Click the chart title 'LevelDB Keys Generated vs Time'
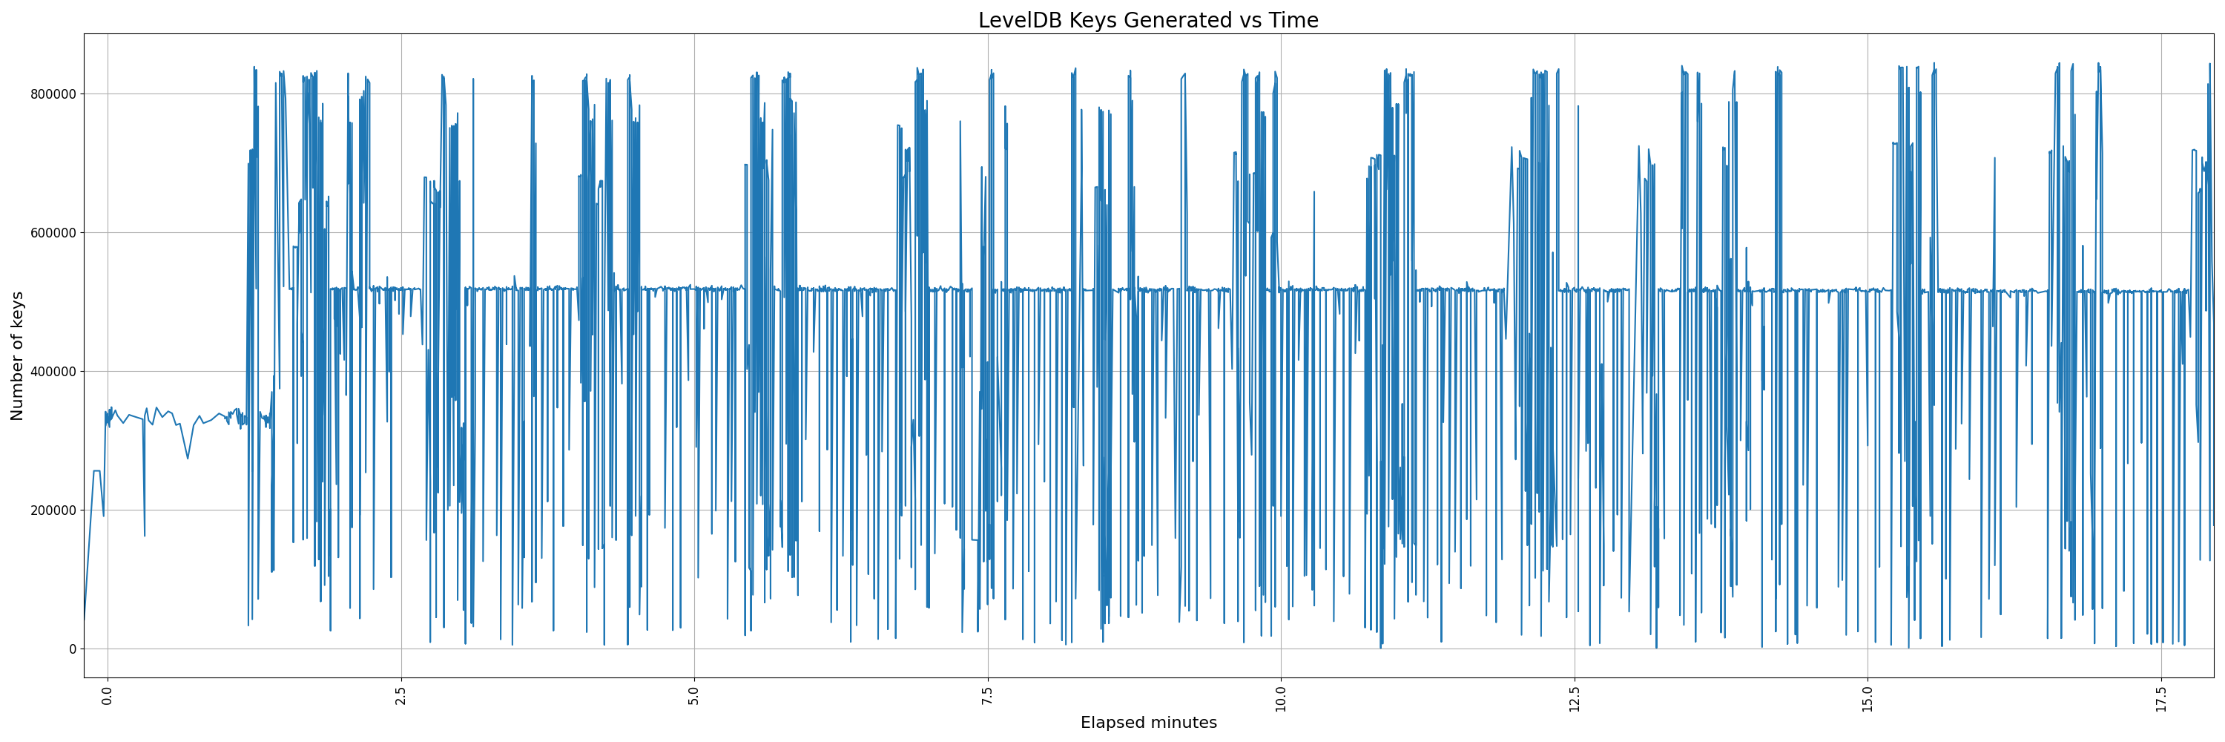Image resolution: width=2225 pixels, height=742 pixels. tap(1148, 20)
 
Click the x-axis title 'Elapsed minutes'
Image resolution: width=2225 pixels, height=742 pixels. tap(1148, 723)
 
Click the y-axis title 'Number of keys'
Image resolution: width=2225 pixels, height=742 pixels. tap(17, 356)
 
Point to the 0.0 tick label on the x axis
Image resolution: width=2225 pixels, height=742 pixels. tap(107, 695)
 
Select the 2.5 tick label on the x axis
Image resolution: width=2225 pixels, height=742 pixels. tap(400, 695)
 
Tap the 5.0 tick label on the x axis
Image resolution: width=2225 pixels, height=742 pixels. tap(694, 695)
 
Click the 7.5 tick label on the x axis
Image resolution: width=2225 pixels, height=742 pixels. tap(987, 695)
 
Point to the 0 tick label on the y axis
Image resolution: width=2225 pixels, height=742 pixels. tap(73, 649)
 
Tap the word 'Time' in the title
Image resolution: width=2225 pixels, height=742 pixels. tap(1293, 20)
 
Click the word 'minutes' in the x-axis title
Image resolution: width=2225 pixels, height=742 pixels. tap(1183, 723)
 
